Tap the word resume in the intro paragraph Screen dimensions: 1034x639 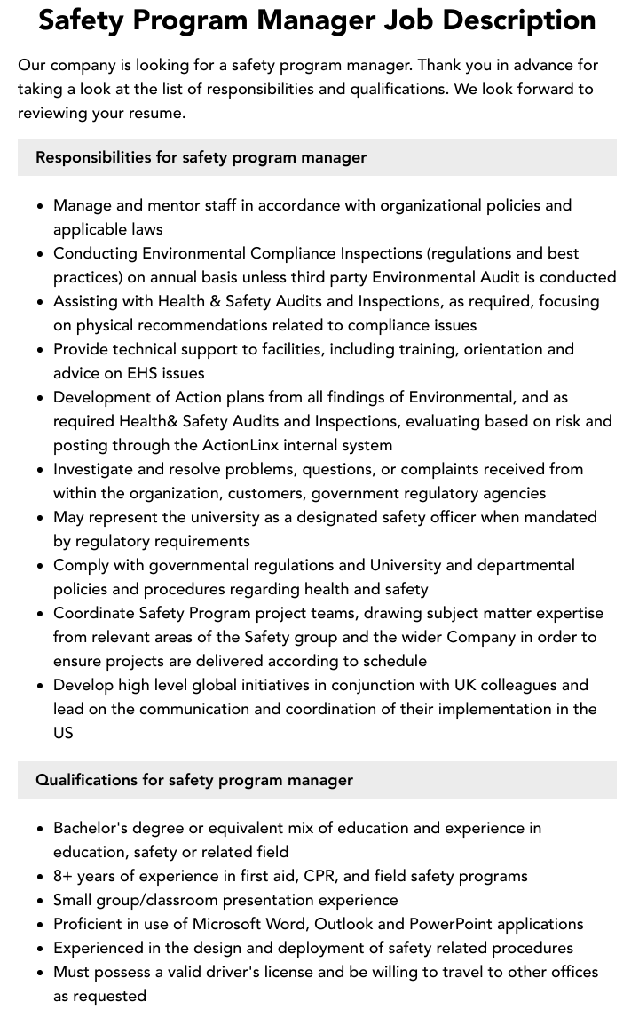[x=159, y=113]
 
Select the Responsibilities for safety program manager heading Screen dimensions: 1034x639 [x=201, y=157]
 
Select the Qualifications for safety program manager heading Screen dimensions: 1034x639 [x=194, y=780]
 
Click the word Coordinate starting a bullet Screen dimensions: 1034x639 [x=93, y=613]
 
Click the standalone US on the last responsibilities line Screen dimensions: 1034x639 [x=63, y=733]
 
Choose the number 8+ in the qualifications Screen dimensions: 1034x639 [x=64, y=876]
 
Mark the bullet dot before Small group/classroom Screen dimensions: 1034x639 [x=41, y=901]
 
